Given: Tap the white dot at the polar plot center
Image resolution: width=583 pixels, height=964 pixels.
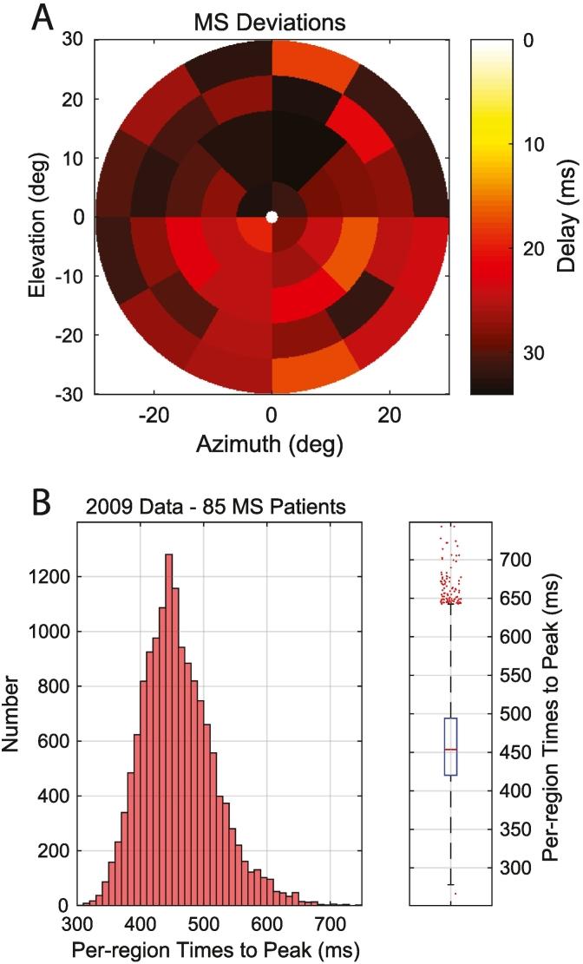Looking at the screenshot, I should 272,217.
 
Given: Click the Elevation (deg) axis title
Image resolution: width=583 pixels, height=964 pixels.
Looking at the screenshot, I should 36,217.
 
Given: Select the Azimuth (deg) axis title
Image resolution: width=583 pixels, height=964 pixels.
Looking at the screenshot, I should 272,444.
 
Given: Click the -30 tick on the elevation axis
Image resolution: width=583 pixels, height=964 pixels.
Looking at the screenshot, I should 71,394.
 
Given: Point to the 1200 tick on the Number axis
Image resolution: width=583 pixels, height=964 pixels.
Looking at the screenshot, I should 56,576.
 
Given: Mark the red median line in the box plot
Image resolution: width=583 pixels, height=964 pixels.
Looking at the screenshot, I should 450,749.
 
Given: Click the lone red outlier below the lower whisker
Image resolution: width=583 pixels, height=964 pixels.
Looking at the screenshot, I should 455,894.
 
